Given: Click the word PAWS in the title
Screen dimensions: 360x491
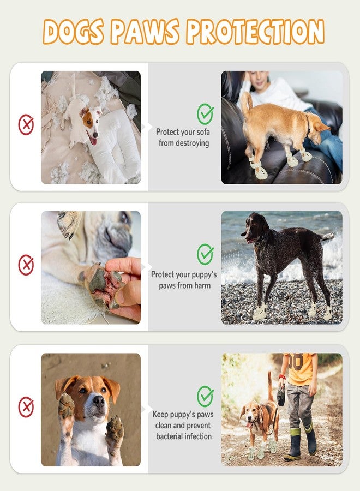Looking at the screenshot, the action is (145, 31).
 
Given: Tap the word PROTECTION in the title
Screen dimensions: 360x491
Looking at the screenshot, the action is (255, 31).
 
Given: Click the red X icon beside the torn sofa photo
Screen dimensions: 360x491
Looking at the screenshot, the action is (26, 124).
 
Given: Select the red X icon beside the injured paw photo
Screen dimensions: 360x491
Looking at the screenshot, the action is (26, 265).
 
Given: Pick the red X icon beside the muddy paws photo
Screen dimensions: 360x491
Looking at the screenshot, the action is (26, 407).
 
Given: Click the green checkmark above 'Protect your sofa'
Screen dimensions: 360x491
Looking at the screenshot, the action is (205, 113).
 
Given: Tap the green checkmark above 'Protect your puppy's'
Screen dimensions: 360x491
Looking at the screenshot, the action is (205, 254).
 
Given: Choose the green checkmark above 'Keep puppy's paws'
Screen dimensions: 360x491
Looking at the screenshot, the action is (205, 396).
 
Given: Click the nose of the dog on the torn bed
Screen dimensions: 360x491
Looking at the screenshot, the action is (95, 135).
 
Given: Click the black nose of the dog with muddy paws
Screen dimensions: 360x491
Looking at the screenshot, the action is (99, 401).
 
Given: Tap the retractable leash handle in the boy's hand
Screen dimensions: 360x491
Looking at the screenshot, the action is (281, 396).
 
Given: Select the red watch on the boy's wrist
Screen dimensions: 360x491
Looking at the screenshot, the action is (282, 376).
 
